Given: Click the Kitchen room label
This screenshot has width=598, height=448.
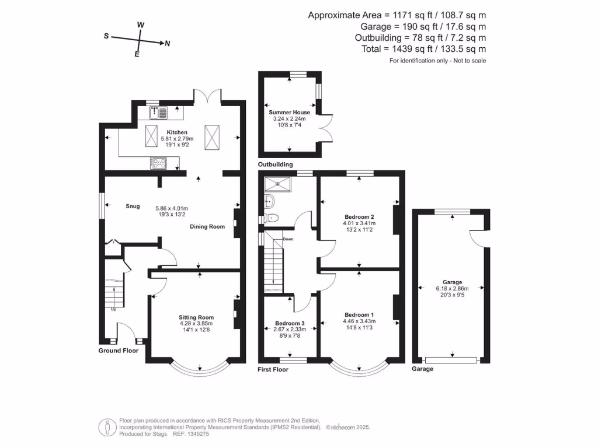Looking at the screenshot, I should (177, 132).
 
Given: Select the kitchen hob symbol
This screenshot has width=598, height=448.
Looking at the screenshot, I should (158, 163).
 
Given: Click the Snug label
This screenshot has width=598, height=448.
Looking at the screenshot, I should (133, 206).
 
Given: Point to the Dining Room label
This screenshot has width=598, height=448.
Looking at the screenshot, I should (207, 226).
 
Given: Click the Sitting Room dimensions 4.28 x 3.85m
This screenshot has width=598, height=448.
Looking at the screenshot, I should (196, 324).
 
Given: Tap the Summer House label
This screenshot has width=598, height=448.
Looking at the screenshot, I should (290, 111).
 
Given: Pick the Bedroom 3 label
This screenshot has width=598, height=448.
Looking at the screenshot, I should (290, 323).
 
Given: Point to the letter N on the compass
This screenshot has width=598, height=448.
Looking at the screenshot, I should (168, 43).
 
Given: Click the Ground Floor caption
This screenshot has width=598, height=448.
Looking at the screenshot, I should (119, 351).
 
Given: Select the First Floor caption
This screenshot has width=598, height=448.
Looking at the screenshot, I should (273, 369).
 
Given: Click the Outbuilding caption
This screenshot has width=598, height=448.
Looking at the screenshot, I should (276, 165).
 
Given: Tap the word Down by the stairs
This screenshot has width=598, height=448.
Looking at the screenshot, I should (288, 239).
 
